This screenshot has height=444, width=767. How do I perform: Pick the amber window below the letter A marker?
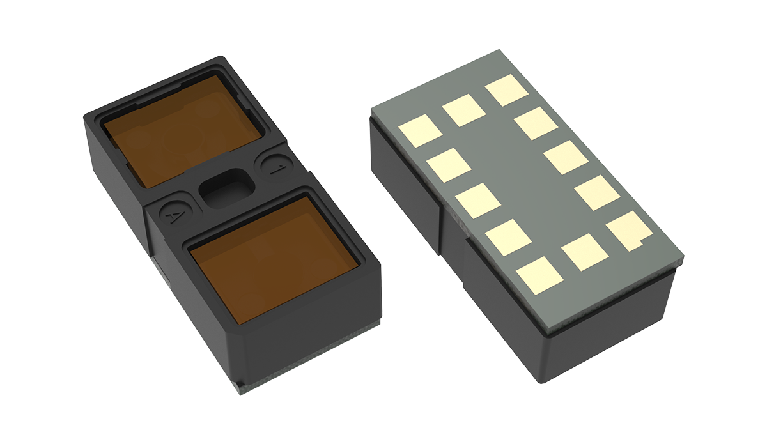(274, 260)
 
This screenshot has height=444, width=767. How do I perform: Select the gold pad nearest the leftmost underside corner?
(420, 131)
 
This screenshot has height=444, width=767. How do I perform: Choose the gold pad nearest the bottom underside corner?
(539, 275)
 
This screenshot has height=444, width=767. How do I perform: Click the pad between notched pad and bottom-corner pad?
(585, 252)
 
